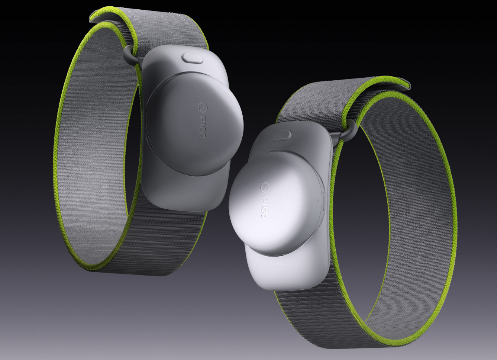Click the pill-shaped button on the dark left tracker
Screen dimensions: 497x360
pyautogui.click(x=192, y=58)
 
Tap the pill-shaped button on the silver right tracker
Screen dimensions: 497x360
pyautogui.click(x=281, y=135)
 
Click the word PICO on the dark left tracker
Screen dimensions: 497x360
pyautogui.click(x=202, y=126)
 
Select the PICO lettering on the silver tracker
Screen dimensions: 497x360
pyautogui.click(x=264, y=207)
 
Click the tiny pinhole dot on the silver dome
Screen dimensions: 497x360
pyautogui.click(x=319, y=200)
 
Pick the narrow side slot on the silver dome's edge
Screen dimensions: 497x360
pyautogui.click(x=323, y=202)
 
